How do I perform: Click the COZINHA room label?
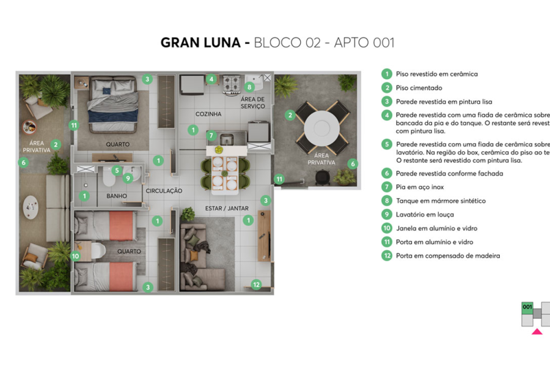pos(208,114)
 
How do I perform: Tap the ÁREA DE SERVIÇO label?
pos(252,103)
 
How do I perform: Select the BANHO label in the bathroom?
pos(116,196)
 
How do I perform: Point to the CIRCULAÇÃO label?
pos(164,191)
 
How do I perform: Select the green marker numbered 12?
pos(257,284)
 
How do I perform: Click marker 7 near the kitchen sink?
pos(211,135)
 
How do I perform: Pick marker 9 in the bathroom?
pos(128,178)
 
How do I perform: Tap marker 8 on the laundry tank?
pos(249,87)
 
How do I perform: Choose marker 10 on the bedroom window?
pos(76,256)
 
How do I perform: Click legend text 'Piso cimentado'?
pos(419,88)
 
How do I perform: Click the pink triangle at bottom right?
pos(537,332)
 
